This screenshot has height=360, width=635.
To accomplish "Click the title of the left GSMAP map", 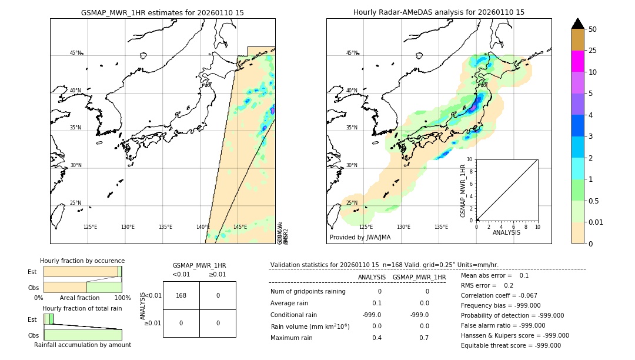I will click(x=162, y=12).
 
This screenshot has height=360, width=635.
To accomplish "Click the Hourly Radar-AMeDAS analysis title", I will click(x=439, y=12).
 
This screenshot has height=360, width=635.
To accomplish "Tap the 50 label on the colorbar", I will click(x=593, y=29).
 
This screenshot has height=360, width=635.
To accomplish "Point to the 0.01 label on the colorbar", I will click(x=596, y=222).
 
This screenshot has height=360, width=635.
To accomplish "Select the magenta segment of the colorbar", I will click(x=577, y=61).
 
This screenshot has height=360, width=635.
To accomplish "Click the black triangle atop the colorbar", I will click(x=577, y=24).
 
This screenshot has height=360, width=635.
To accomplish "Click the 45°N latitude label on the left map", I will click(x=75, y=53).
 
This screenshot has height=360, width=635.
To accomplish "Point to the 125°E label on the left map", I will click(x=90, y=227).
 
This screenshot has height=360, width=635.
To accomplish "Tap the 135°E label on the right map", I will click(x=441, y=227).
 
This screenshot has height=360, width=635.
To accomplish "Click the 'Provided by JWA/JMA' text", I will click(x=360, y=238).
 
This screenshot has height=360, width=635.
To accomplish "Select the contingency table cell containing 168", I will click(x=181, y=295).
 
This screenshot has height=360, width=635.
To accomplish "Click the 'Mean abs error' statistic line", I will click(x=486, y=275).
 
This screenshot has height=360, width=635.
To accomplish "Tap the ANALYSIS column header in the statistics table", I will click(x=372, y=277).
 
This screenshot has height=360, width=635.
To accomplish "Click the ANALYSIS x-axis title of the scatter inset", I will click(x=507, y=232).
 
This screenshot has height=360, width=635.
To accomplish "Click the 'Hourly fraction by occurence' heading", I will click(x=82, y=261).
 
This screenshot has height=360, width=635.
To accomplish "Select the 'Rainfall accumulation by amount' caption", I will click(x=82, y=345).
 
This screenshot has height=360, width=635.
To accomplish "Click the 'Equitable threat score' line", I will click(x=510, y=345).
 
